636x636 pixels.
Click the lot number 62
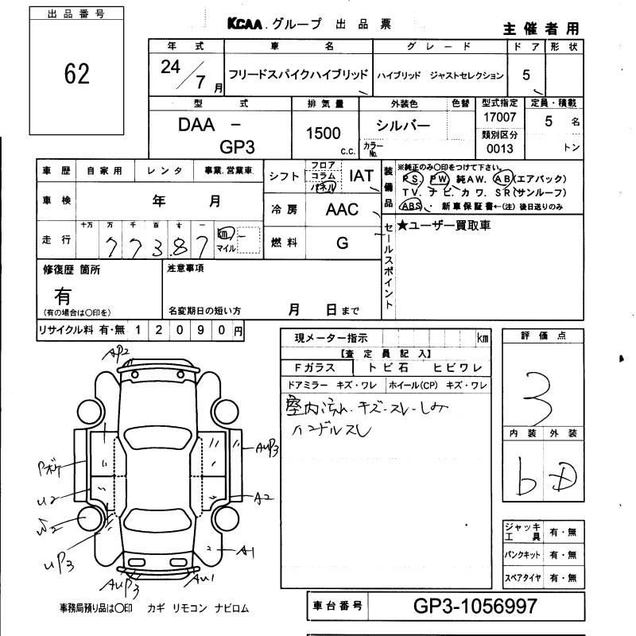[76, 74]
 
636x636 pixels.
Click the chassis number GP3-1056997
[476, 607]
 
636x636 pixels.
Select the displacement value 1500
[323, 134]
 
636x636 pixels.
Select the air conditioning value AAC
[342, 210]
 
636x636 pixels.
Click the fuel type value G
[342, 242]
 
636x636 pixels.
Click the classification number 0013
[500, 149]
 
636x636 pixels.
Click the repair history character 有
[63, 296]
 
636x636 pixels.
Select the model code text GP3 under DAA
[237, 147]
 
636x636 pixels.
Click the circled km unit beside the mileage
[225, 235]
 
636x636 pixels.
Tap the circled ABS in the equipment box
[412, 206]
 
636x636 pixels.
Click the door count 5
[525, 76]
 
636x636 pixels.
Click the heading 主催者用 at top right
[541, 29]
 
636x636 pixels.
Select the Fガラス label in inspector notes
[316, 367]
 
